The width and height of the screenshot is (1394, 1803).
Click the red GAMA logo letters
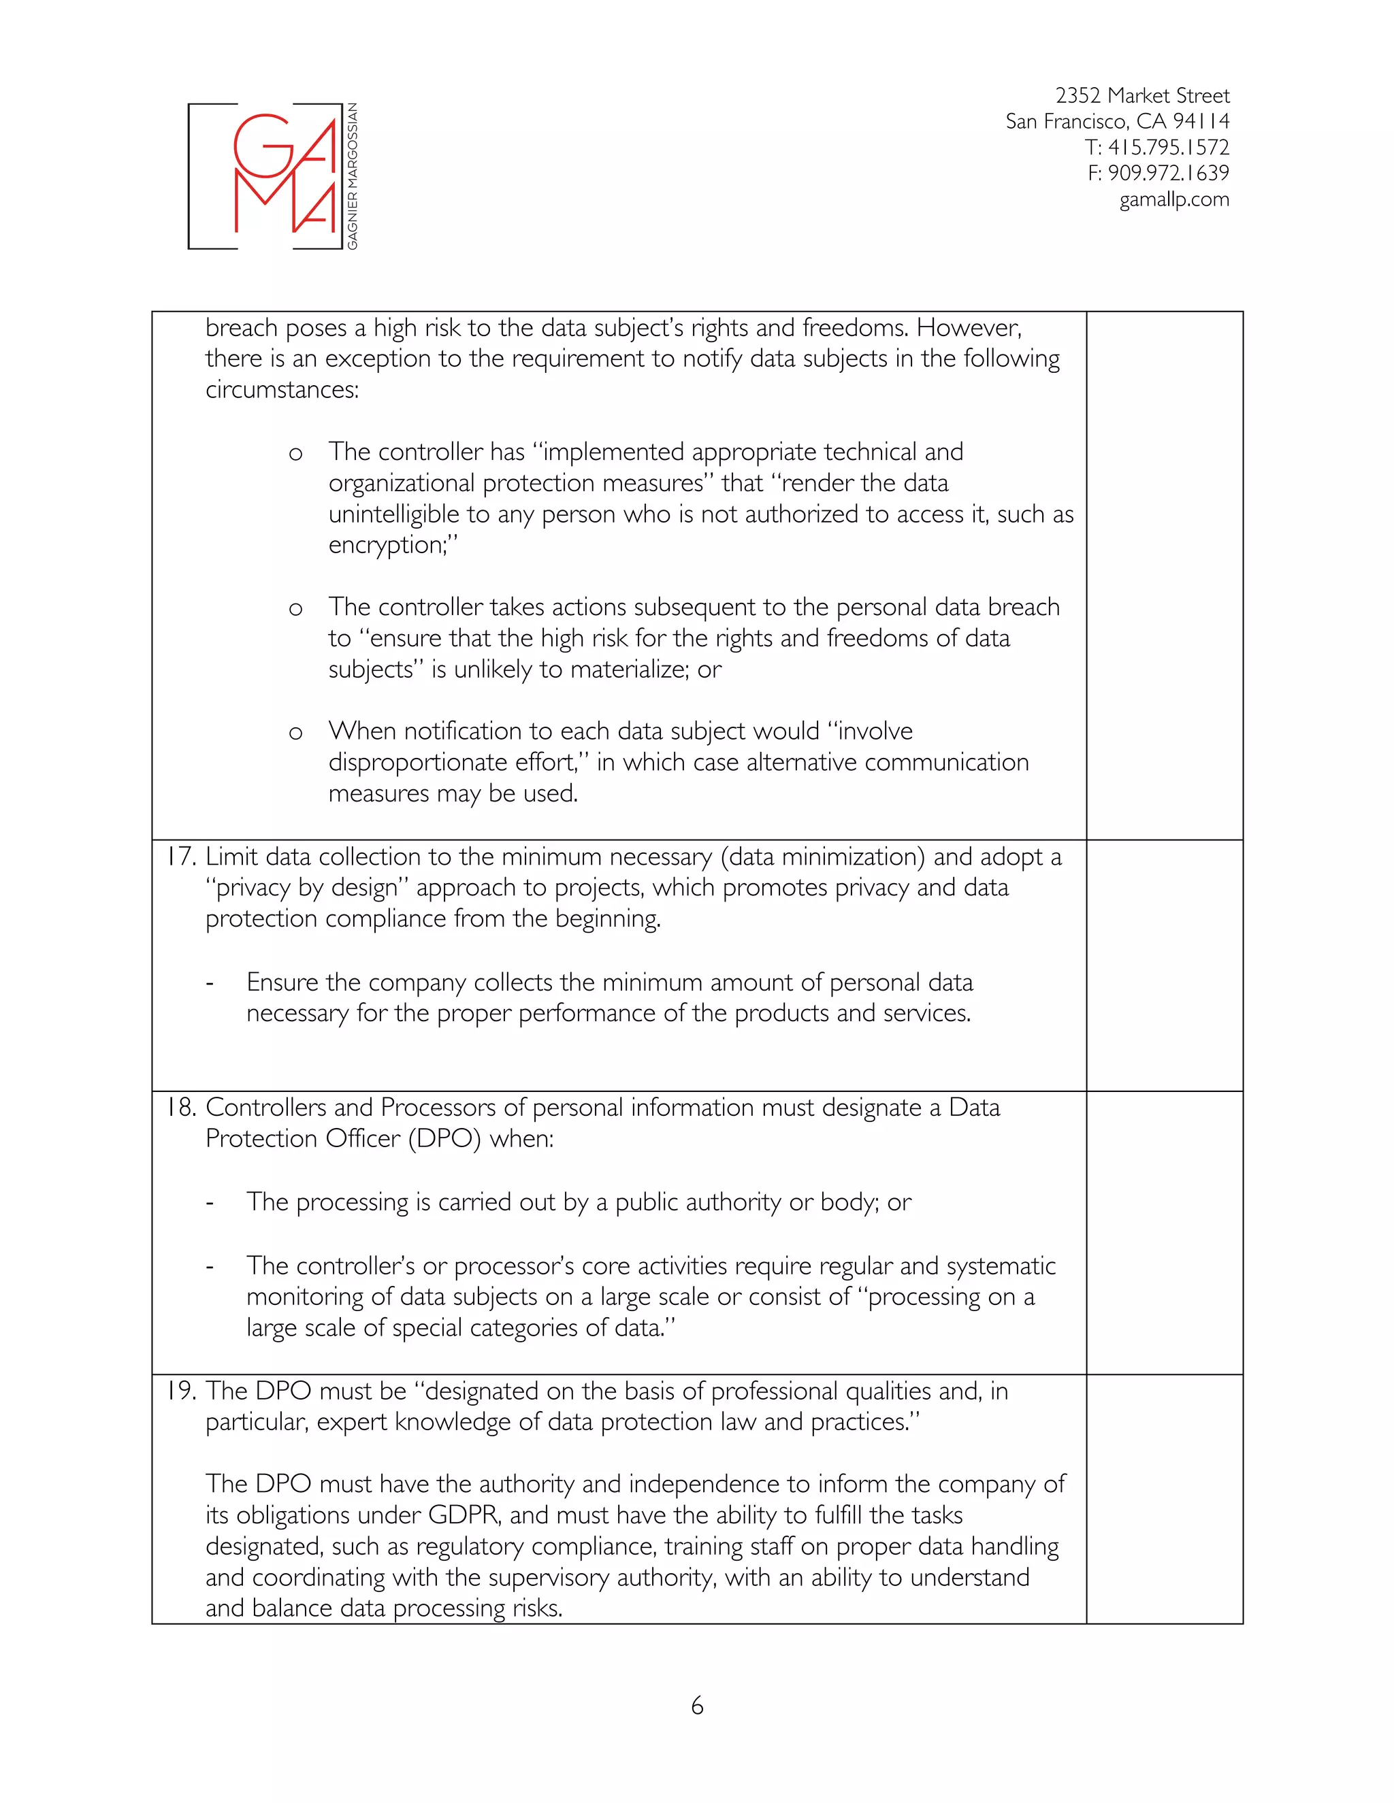(x=285, y=175)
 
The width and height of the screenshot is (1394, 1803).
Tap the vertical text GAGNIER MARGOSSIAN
(x=353, y=176)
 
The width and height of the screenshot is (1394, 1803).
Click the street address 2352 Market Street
(x=1142, y=96)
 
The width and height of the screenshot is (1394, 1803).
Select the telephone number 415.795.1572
(x=1168, y=148)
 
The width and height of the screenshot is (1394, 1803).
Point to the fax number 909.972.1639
(x=1168, y=173)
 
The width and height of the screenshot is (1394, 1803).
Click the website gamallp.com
(x=1173, y=200)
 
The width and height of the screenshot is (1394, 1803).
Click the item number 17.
(x=180, y=857)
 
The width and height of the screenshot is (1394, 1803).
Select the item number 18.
(x=180, y=1108)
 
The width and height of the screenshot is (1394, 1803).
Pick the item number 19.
(x=180, y=1391)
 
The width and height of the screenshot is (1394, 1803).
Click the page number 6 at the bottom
(x=697, y=1706)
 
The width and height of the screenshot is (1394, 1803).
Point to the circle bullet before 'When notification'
(x=295, y=733)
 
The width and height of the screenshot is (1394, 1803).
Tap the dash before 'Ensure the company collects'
(x=210, y=983)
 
